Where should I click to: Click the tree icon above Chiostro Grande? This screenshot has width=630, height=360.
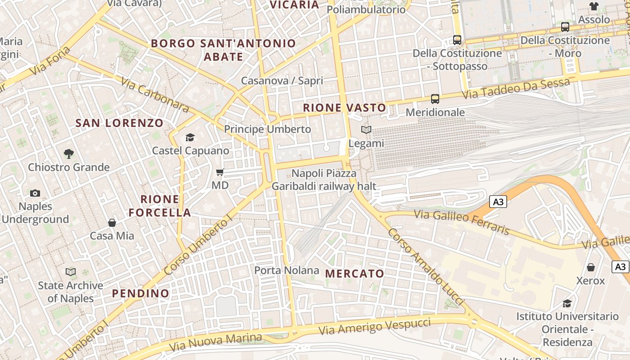[68, 154]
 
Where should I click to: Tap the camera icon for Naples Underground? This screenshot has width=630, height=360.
[35, 193]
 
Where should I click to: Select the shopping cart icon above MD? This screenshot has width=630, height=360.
[220, 172]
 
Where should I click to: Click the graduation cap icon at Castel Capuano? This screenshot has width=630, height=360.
[190, 137]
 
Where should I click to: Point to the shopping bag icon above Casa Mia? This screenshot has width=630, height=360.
[112, 222]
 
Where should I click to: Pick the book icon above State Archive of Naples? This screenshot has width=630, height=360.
[71, 272]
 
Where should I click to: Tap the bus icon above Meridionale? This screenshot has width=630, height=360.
[435, 99]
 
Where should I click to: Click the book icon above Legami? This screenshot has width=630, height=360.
[366, 130]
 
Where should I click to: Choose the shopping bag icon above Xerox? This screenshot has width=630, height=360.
[591, 267]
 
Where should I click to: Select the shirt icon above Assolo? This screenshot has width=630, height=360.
[594, 6]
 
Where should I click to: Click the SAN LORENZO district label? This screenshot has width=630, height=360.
[119, 123]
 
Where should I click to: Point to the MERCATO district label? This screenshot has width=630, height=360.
[355, 274]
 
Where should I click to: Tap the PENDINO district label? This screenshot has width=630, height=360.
[141, 293]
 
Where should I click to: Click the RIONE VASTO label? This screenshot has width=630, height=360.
[345, 108]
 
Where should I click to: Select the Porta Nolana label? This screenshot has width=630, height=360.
[287, 270]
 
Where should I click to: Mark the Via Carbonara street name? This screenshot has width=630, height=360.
[155, 94]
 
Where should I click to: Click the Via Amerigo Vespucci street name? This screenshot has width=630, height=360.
[374, 327]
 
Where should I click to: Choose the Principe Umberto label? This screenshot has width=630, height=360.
[267, 129]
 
